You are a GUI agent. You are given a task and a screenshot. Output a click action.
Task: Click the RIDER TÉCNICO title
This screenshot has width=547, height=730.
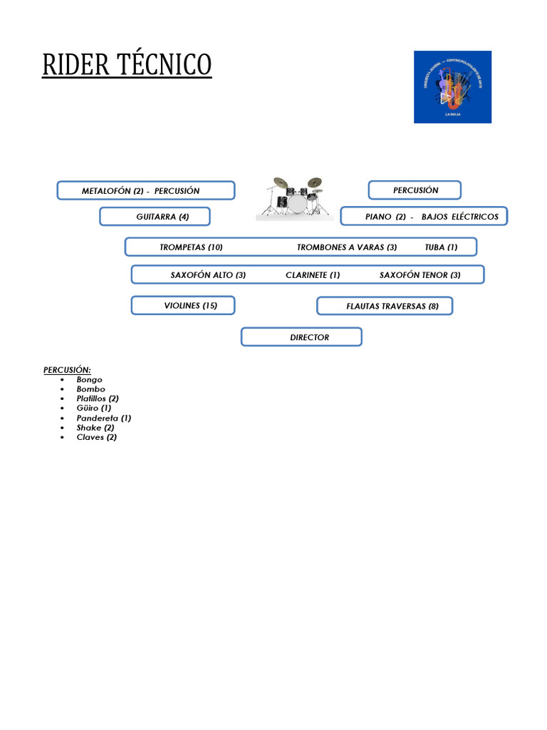[x=127, y=65]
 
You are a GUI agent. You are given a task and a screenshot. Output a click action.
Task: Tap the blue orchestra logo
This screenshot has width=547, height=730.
[x=452, y=87]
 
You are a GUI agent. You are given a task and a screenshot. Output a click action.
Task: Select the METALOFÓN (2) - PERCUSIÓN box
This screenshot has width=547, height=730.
[x=146, y=190]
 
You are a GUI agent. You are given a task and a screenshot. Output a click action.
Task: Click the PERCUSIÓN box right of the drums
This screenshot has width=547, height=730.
[x=415, y=190]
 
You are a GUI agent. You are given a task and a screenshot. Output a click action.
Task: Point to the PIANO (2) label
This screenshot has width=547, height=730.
[x=385, y=216]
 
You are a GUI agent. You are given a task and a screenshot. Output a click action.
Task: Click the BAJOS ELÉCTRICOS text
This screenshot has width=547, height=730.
[x=460, y=216]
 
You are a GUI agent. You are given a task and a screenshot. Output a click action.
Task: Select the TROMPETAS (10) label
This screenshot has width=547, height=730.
[x=191, y=247]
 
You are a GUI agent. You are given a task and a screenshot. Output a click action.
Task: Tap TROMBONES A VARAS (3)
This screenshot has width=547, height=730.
[x=347, y=247]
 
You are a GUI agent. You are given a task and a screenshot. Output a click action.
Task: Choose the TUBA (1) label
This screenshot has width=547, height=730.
[x=441, y=247]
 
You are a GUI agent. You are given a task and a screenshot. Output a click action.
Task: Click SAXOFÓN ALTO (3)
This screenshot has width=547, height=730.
[x=208, y=274]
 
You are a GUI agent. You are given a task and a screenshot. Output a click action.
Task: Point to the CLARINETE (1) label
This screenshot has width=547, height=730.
[x=313, y=274]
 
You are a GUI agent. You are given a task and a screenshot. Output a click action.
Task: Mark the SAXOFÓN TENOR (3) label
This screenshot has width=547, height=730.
[x=420, y=274]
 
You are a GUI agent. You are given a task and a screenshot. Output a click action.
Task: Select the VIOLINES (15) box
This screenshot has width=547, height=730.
[x=183, y=305]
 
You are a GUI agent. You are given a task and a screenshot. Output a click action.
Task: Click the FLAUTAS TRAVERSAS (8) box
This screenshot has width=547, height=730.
[x=385, y=306]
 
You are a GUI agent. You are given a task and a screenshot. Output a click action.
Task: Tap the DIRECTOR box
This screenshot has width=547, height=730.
[x=301, y=336]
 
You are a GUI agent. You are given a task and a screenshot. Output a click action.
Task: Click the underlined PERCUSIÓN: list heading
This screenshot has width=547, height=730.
[x=67, y=370]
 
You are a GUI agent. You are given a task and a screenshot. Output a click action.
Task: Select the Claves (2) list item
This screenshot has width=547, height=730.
[x=97, y=437]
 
